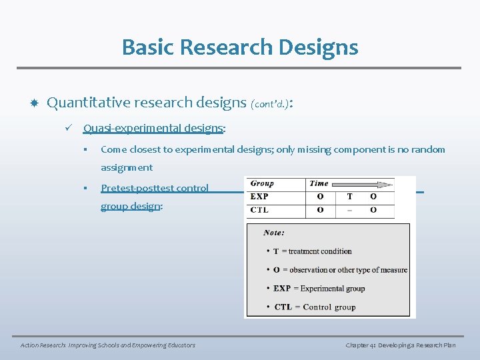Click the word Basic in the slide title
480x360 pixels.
tap(147, 47)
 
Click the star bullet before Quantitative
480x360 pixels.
tap(34, 103)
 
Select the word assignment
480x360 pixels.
tap(127, 167)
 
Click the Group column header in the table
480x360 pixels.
tap(262, 183)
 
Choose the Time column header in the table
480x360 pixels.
tap(319, 183)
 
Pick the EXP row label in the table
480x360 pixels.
tap(260, 197)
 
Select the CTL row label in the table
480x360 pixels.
tap(260, 210)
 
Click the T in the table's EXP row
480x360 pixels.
tap(349, 197)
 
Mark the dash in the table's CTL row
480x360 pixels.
tap(349, 210)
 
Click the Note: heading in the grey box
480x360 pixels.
tap(274, 233)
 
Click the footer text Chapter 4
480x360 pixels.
tap(364, 345)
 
